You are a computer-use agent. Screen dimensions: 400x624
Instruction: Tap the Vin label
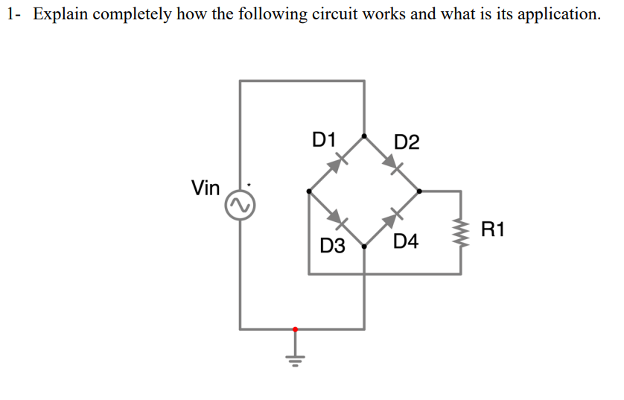(206, 188)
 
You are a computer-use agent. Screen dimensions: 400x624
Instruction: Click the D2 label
(407, 142)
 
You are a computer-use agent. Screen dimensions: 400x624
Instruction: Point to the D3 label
(332, 245)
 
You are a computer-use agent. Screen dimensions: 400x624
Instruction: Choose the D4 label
(407, 241)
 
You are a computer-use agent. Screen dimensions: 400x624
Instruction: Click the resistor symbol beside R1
(461, 232)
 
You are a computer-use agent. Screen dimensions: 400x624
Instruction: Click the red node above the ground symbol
(295, 328)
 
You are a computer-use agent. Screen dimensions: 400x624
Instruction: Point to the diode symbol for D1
(339, 162)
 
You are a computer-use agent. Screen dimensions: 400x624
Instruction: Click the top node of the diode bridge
(364, 136)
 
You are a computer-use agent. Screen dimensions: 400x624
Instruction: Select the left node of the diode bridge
(309, 191)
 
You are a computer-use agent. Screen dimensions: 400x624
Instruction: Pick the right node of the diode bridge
(419, 191)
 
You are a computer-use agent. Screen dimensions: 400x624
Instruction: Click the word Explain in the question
(60, 14)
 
